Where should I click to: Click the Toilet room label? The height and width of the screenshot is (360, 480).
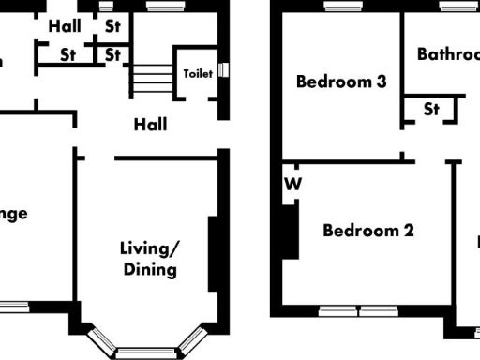point(198,73)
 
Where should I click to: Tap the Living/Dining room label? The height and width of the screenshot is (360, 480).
point(149,259)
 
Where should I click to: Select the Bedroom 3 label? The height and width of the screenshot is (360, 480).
point(341,82)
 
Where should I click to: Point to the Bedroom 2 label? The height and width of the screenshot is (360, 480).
point(368,230)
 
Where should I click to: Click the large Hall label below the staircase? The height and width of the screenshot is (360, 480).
point(150,124)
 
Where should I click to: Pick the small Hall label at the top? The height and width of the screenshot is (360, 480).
point(65,25)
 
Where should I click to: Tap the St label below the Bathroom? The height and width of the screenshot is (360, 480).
point(431,109)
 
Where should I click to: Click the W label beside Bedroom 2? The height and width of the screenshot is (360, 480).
point(292,184)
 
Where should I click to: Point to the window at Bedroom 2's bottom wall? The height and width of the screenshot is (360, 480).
point(360,310)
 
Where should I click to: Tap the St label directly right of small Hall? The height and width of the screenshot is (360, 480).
point(112,25)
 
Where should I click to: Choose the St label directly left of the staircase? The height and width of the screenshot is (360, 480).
point(112,54)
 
